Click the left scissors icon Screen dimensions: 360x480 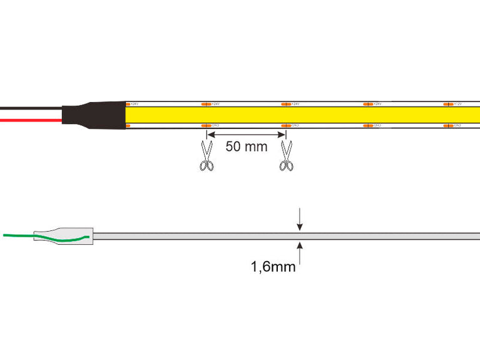[206, 156]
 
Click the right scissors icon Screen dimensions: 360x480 [287, 156]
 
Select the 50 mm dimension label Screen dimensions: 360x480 [246, 147]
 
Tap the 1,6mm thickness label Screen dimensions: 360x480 [273, 267]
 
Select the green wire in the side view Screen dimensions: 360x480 [25, 236]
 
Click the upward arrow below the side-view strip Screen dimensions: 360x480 [300, 250]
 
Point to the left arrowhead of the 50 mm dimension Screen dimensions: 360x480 [211, 133]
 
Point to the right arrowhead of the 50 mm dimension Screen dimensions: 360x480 [282, 133]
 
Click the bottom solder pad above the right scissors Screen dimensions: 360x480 [286, 126]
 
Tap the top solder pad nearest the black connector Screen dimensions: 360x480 [128, 104]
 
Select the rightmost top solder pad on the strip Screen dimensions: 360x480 [448, 104]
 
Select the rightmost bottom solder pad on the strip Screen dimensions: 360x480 [448, 126]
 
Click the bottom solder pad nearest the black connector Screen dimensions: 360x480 [128, 126]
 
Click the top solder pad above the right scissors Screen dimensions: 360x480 [286, 104]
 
